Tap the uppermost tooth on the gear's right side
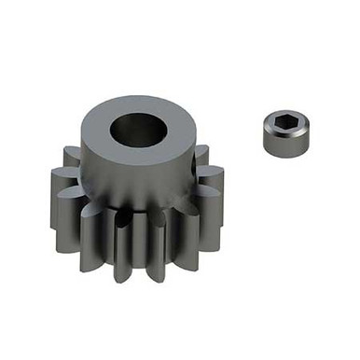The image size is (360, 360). pos(201,153)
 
